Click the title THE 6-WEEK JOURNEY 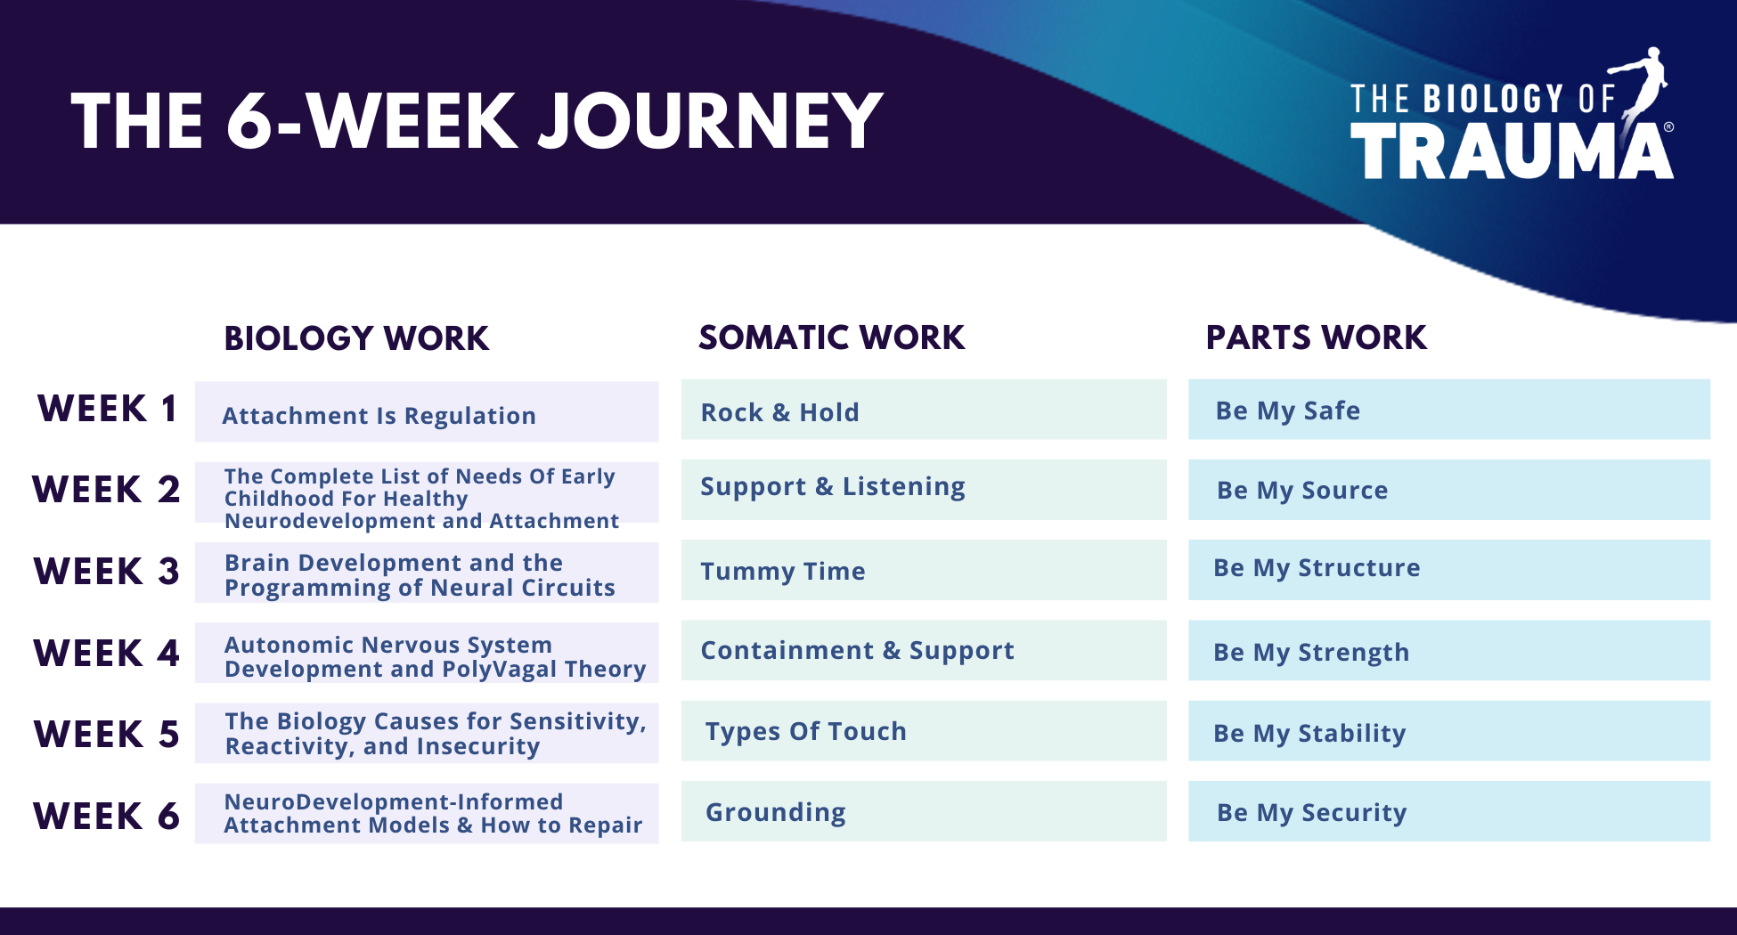tap(477, 121)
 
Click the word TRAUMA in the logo tap(1512, 151)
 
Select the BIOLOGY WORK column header tap(356, 338)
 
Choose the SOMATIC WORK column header tap(831, 337)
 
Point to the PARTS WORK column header tap(1316, 337)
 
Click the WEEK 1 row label tap(107, 409)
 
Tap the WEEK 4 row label tap(106, 653)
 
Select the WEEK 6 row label tap(106, 816)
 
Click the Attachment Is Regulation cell tap(427, 412)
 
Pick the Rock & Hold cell tap(924, 410)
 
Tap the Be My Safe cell tap(1449, 410)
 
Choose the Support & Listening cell tap(924, 490)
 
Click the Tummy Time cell tap(924, 570)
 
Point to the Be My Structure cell tap(1449, 570)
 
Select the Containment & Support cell tap(924, 650)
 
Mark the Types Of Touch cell tap(924, 731)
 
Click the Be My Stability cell tap(1449, 731)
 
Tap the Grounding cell tap(924, 811)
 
